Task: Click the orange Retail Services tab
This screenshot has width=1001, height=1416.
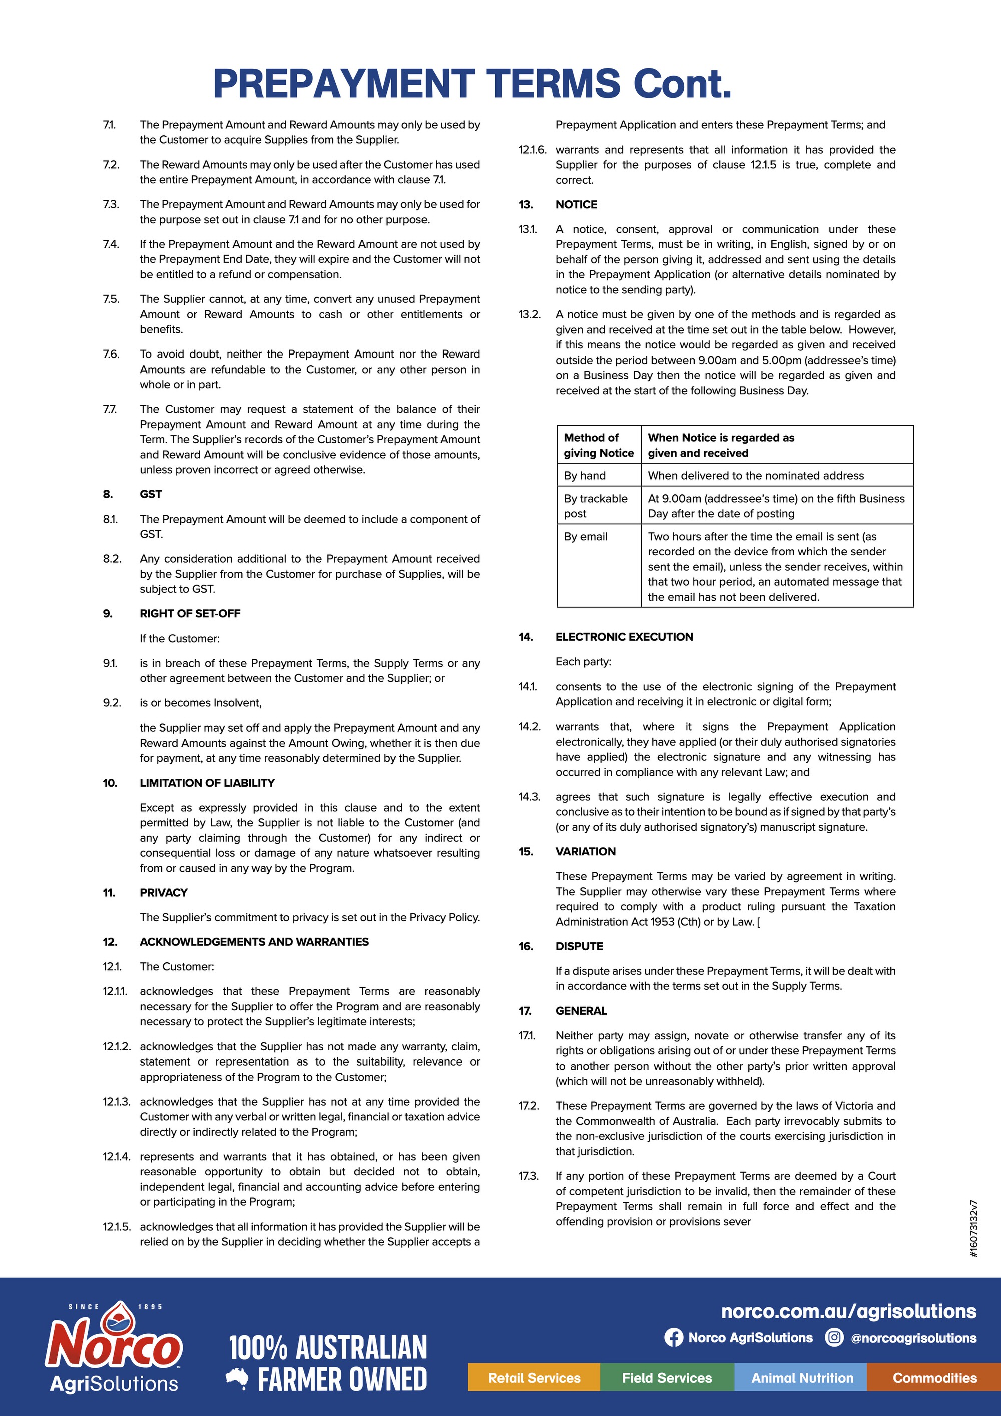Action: click(x=534, y=1378)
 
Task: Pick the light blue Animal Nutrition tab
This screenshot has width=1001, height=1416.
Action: click(x=802, y=1378)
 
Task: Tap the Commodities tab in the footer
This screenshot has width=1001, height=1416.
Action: click(x=934, y=1378)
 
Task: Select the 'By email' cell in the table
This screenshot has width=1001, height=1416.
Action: click(x=586, y=537)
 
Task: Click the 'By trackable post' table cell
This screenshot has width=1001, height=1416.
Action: click(x=596, y=506)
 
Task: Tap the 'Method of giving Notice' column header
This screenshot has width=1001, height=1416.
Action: click(x=598, y=445)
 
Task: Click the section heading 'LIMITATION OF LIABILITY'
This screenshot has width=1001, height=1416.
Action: click(x=207, y=783)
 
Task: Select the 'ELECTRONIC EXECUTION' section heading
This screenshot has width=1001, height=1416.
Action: click(x=624, y=637)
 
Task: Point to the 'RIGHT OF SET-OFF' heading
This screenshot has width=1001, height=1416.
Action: click(x=190, y=614)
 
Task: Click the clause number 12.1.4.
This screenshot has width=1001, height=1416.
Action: click(x=116, y=1156)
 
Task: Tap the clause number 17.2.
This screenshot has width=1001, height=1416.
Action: click(x=529, y=1105)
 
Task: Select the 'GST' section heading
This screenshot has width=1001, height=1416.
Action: click(x=150, y=494)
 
